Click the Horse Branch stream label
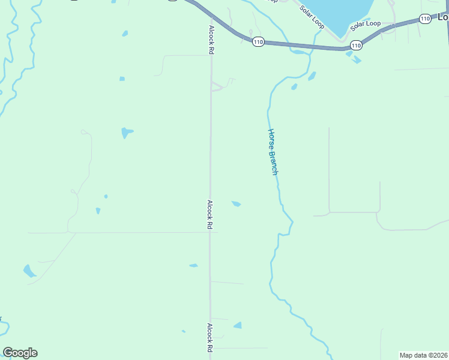point(273,152)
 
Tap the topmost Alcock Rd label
point(211,40)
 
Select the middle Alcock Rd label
point(210,215)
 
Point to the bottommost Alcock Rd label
point(210,338)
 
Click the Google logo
point(20,353)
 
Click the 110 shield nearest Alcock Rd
point(258,41)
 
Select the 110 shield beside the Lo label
point(425,19)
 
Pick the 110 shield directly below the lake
point(356,45)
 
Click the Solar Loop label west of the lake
point(311,19)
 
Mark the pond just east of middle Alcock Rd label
point(237,204)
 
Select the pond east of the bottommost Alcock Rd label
point(238,325)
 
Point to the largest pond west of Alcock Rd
point(126,132)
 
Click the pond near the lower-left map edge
point(29,271)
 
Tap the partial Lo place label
point(443,17)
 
